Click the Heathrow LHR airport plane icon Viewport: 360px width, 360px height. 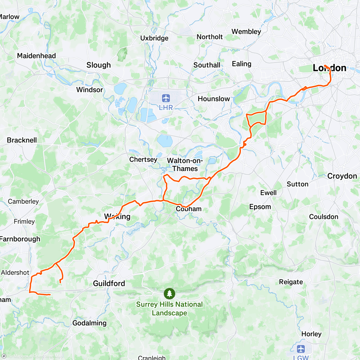tap(166, 98)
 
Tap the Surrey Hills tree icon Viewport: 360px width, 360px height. tap(169, 293)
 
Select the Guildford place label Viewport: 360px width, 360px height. tap(109, 283)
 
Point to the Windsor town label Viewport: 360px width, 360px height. tap(89, 90)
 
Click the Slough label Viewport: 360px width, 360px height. tap(99, 65)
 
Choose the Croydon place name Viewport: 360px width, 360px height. tap(342, 176)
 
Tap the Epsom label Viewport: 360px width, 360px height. tap(260, 207)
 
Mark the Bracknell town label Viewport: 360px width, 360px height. tap(22, 140)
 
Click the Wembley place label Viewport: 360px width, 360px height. tap(246, 31)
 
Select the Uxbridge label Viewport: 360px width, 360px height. tap(154, 38)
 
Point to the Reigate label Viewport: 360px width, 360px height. tap(291, 282)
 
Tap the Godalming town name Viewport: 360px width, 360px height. tap(89, 323)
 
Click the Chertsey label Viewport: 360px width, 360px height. tap(143, 159)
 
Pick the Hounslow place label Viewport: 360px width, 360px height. tap(214, 99)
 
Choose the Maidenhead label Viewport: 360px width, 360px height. tap(36, 56)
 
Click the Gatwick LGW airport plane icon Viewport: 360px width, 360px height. tap(301, 349)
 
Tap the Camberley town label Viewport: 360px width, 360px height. tap(23, 201)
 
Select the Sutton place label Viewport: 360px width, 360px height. tap(297, 184)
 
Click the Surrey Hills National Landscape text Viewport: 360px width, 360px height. tap(169, 309)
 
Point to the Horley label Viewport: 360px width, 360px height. tap(311, 334)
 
